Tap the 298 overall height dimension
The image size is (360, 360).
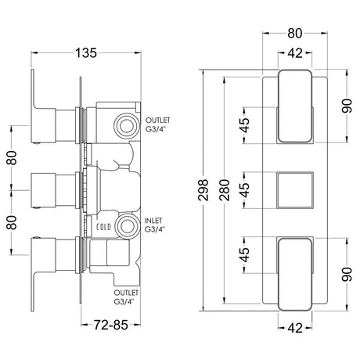point(205,188)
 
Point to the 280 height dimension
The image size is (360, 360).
point(227,188)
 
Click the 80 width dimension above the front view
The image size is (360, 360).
point(296,34)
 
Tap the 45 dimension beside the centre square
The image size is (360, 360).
point(245,188)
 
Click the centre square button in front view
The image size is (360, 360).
point(296,188)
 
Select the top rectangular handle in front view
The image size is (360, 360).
point(296,106)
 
